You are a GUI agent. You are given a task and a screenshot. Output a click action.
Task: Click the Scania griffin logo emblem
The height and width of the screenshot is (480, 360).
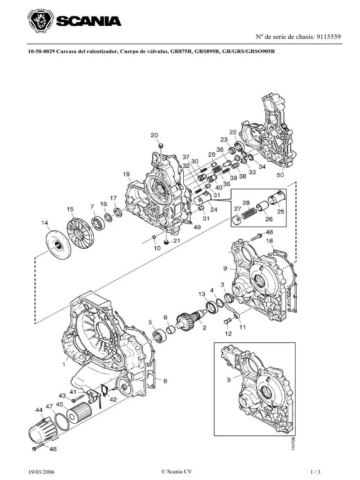(40, 21)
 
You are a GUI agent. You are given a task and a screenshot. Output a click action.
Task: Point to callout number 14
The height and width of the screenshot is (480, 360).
(45, 223)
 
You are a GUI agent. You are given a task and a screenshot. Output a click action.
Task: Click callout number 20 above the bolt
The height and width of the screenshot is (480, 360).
(154, 135)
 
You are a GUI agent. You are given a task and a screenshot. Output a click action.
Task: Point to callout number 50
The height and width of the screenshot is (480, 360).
(281, 175)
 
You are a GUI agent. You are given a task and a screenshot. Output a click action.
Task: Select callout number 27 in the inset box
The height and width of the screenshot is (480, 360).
(238, 209)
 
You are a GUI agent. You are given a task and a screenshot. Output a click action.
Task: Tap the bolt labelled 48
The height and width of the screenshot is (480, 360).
(259, 233)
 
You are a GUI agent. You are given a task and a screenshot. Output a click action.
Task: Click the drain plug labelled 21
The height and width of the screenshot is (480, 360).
(166, 242)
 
